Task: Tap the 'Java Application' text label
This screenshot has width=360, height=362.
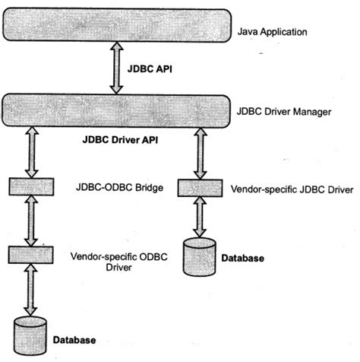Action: (x=272, y=33)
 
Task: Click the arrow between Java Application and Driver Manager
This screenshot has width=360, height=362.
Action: (x=115, y=68)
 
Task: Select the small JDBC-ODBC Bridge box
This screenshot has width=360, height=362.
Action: (x=30, y=186)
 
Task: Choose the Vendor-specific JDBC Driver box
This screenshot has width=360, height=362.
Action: (x=200, y=186)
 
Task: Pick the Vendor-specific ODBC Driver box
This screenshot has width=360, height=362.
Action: (x=30, y=253)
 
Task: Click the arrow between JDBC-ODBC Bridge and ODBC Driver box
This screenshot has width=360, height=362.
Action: (x=30, y=220)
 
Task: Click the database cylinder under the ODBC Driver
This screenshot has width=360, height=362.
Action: (x=30, y=333)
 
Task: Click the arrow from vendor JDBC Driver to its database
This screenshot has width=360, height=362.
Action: (x=200, y=216)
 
